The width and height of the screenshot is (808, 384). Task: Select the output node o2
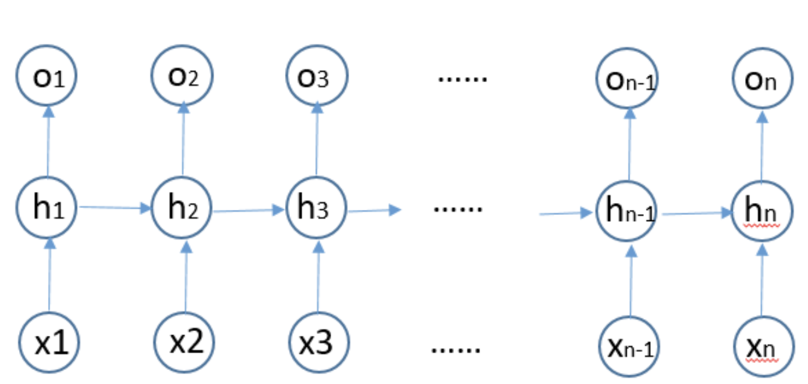point(183,77)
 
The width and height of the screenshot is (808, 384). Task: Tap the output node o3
point(316,78)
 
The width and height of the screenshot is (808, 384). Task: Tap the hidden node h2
point(183,210)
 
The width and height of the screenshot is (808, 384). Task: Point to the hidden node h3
point(317,210)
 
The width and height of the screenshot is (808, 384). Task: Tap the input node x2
point(186,341)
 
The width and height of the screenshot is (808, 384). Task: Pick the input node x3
point(318,341)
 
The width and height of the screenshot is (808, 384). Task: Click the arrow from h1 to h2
point(115,208)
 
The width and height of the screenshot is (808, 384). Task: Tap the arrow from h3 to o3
point(316,142)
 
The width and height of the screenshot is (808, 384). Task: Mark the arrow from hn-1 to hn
point(695,214)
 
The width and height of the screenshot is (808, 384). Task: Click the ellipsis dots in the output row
point(463,79)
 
